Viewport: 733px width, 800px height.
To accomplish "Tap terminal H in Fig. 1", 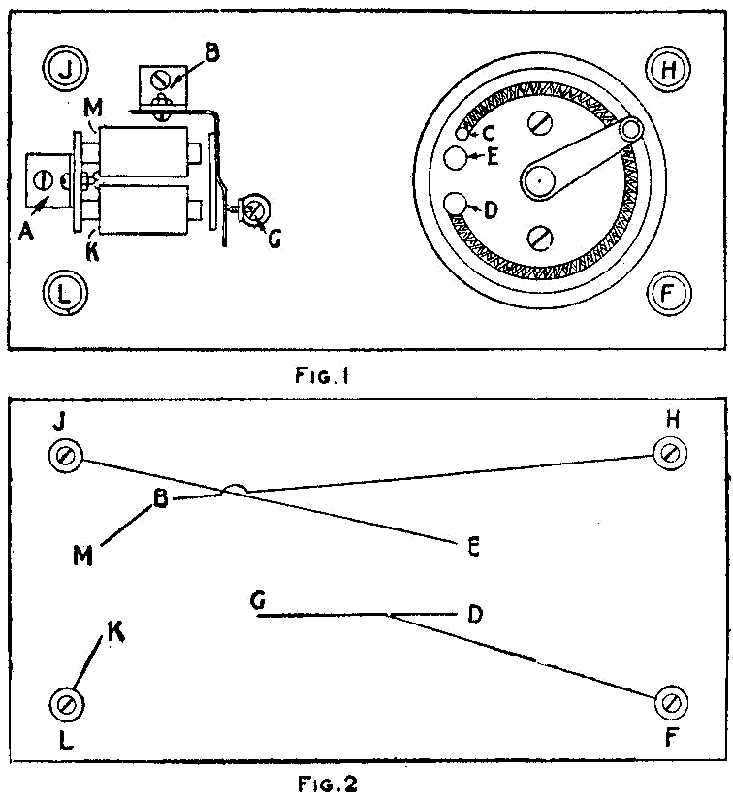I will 667,68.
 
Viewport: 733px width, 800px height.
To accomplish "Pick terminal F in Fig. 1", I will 667,291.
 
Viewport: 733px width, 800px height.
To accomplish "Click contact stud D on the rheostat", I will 456,205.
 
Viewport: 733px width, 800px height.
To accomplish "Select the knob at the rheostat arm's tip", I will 631,129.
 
